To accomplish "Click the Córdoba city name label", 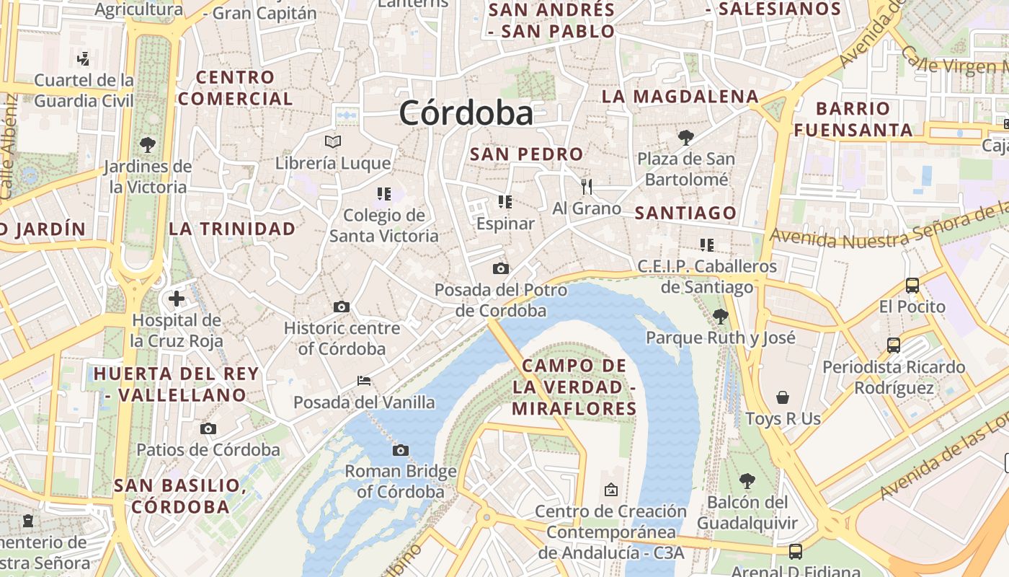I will click(x=466, y=113).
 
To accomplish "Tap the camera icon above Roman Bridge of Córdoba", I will click(x=401, y=451).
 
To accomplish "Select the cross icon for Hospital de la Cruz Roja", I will click(x=177, y=298).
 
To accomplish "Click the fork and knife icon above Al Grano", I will click(x=587, y=187).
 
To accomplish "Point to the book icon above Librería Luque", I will click(x=332, y=141).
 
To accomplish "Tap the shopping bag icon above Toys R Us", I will click(x=783, y=397).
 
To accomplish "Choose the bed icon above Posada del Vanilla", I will click(x=364, y=380).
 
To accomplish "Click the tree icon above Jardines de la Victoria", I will click(x=148, y=144).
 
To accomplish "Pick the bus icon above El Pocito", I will click(x=912, y=285).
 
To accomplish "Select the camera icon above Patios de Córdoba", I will click(x=208, y=429).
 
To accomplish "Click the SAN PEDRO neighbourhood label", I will click(x=526, y=154).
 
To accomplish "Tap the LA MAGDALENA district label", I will click(x=680, y=97).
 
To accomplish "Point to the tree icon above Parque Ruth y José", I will click(x=720, y=316).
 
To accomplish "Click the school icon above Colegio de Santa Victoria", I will click(x=383, y=193).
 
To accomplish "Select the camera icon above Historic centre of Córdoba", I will click(x=342, y=307).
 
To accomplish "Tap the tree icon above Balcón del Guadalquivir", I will click(x=747, y=480).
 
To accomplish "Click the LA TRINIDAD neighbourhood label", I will click(x=232, y=229).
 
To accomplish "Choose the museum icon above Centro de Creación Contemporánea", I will click(x=611, y=490).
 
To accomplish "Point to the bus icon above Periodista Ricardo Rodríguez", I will click(x=894, y=345).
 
